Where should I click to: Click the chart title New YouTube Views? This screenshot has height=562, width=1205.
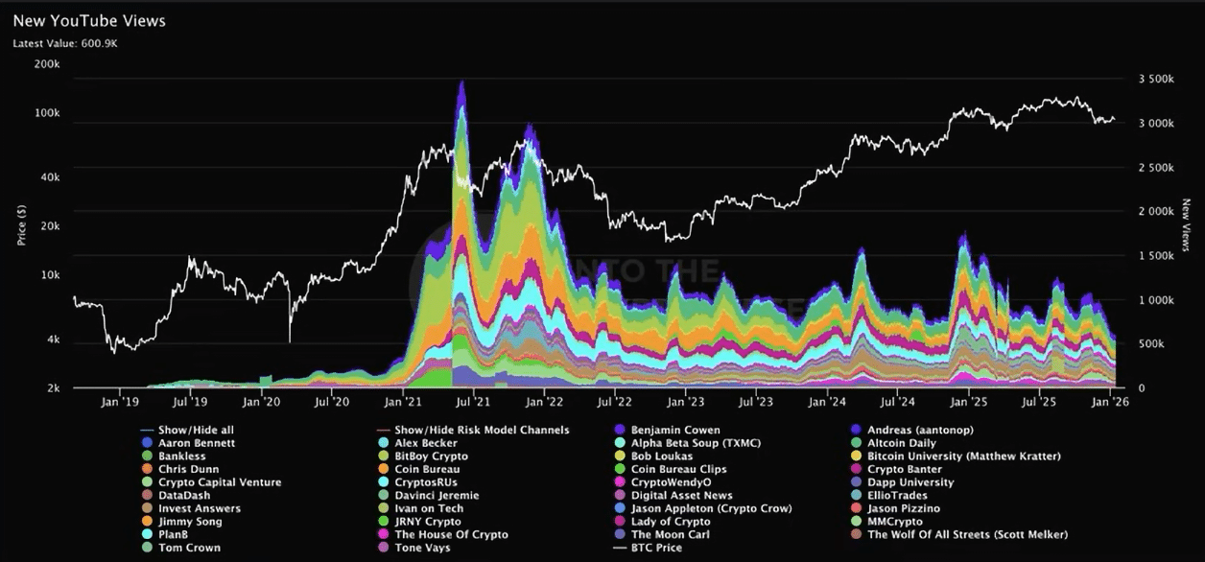[x=88, y=21]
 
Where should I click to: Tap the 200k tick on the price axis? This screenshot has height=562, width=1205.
[x=46, y=64]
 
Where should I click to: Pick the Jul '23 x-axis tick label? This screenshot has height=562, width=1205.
[x=754, y=404]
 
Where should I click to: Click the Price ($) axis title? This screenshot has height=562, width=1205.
[x=21, y=223]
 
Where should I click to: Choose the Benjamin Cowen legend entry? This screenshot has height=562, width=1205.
[x=674, y=430]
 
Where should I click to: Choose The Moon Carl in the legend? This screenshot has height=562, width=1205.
[x=670, y=534]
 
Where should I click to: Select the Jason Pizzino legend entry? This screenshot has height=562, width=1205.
[x=903, y=508]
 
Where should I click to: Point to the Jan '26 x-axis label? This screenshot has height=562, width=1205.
[x=1111, y=404]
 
